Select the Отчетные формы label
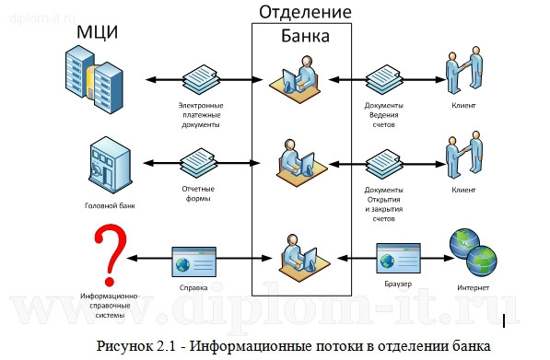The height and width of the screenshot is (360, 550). [195, 193]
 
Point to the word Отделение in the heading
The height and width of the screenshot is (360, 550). [303, 12]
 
